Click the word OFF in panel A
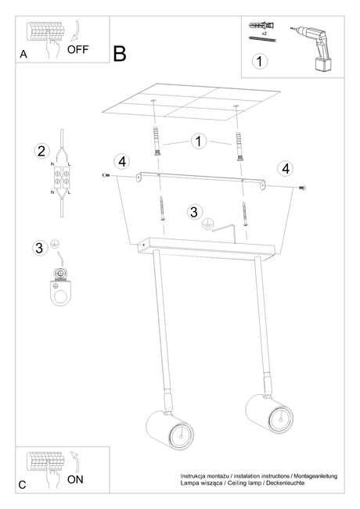[78, 49]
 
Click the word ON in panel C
[75, 479]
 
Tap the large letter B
[120, 54]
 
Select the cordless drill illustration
[312, 48]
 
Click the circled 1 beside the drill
[260, 61]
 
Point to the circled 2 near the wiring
[42, 151]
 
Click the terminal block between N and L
[61, 177]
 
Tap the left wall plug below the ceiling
[157, 141]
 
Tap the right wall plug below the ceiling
[239, 146]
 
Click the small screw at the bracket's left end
[106, 175]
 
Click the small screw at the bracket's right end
[302, 188]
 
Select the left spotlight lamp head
[170, 430]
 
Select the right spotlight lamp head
[269, 414]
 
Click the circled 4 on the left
[122, 161]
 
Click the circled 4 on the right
[286, 169]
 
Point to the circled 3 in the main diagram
[194, 212]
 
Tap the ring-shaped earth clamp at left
[61, 287]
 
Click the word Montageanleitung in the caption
[315, 476]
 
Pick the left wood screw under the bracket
[162, 209]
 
